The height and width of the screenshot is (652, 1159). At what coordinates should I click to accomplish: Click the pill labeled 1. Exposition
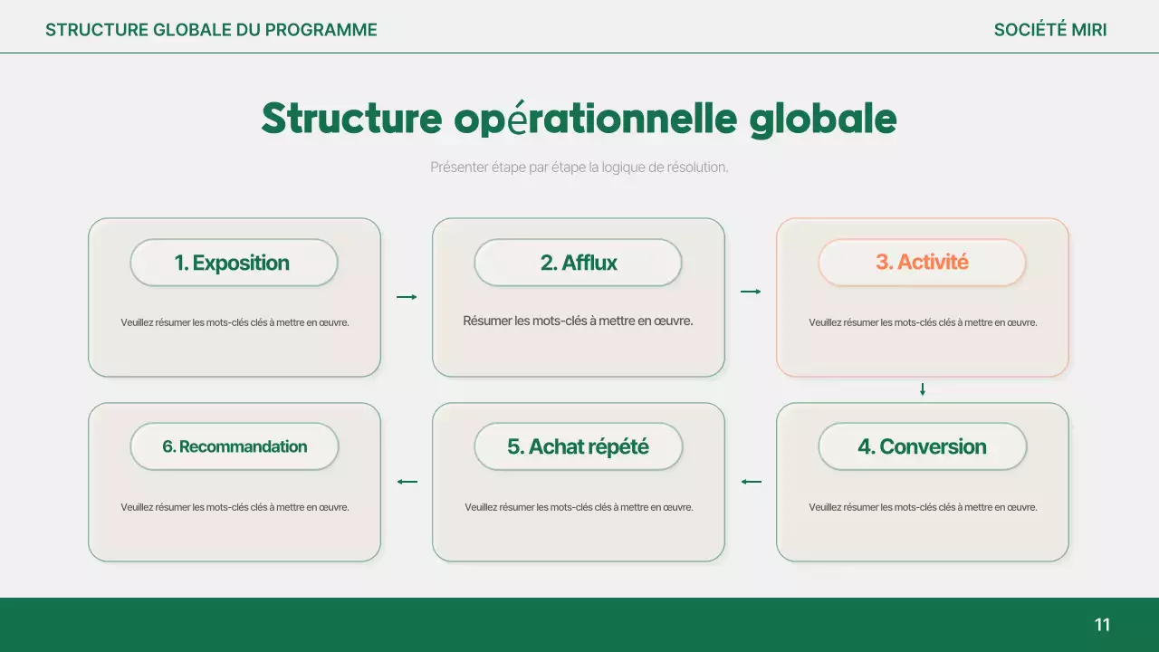click(x=234, y=263)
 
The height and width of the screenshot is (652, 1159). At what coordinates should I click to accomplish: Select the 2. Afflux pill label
click(x=578, y=263)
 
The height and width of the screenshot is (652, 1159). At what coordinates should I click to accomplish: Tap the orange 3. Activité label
click(x=922, y=263)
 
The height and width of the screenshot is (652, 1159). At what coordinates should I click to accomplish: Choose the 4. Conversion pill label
click(x=922, y=446)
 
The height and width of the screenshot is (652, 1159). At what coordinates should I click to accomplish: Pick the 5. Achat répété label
click(x=578, y=446)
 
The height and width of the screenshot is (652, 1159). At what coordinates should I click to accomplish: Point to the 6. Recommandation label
click(x=234, y=446)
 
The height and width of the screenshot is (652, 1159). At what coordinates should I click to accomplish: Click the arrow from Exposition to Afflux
click(x=407, y=297)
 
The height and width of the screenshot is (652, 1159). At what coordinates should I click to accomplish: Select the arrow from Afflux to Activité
click(x=751, y=292)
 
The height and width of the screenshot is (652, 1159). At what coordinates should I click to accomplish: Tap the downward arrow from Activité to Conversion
click(x=923, y=389)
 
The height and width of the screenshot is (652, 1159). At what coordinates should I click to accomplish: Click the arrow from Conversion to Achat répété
click(x=751, y=482)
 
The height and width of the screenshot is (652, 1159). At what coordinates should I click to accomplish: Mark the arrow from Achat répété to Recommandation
click(x=407, y=482)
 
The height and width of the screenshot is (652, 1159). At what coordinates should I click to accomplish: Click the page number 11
click(x=1102, y=625)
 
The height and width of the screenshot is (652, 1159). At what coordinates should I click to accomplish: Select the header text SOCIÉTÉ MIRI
click(x=1049, y=30)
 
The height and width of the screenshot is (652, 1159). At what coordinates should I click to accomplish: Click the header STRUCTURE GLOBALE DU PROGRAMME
click(x=211, y=30)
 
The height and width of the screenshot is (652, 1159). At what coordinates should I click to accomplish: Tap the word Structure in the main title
click(x=351, y=119)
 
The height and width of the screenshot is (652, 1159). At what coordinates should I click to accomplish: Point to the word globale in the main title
click(x=823, y=119)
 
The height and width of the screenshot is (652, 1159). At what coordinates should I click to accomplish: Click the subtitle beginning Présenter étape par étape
click(x=579, y=168)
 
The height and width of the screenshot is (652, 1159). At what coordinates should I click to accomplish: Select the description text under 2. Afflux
click(x=578, y=321)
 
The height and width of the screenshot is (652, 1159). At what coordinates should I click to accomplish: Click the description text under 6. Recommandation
click(x=235, y=507)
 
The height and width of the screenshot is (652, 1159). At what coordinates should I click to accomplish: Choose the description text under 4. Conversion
click(x=923, y=507)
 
